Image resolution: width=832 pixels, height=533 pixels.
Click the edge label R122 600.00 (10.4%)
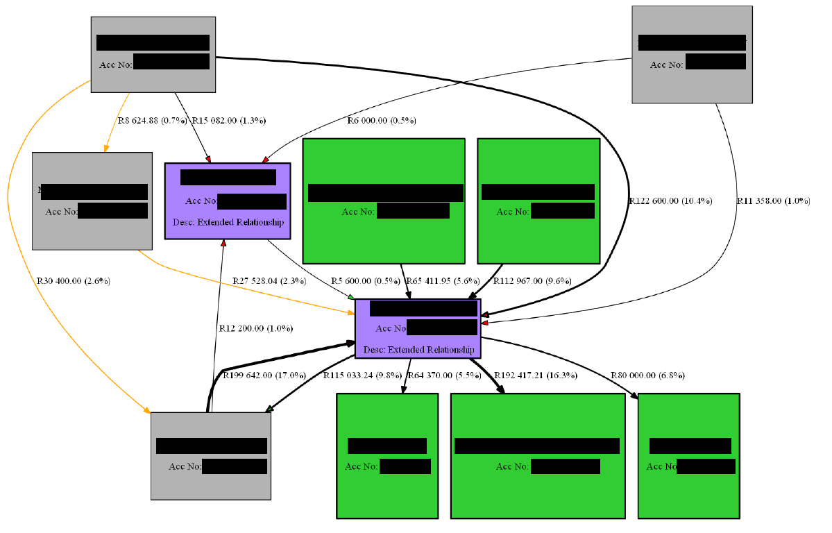coord(670,201)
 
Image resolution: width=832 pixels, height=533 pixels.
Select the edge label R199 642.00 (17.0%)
coord(264,375)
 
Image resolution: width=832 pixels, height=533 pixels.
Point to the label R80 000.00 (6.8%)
coord(647,375)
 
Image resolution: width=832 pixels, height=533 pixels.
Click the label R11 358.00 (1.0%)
coord(773,201)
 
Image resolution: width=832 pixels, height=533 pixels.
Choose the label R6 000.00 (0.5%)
coord(381,120)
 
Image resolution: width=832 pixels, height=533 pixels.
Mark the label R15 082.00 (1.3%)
coord(229,120)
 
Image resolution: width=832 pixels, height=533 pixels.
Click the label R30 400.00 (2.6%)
coord(73,281)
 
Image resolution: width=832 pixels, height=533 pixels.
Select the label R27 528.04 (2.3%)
coord(270,281)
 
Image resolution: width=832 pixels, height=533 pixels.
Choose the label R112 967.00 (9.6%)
coord(532,281)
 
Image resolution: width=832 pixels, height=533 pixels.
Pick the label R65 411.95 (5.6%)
coord(444,281)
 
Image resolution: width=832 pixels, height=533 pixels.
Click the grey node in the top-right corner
coord(692,55)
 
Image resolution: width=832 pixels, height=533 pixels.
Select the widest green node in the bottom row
coord(537,455)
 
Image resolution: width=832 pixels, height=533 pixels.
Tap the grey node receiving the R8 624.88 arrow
coord(92,201)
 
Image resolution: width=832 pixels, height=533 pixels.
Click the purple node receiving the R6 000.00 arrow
coord(227,201)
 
